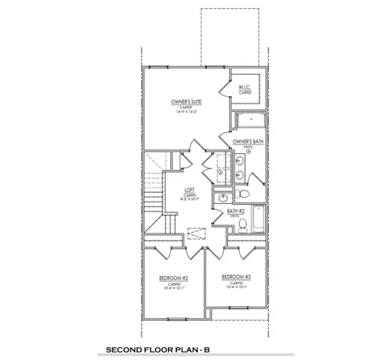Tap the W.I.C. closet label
(x=245, y=88)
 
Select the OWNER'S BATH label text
(x=246, y=141)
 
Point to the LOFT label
(x=190, y=190)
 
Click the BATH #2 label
(x=238, y=212)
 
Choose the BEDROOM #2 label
(x=173, y=278)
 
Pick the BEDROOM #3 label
(x=236, y=277)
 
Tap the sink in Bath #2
(x=223, y=198)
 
